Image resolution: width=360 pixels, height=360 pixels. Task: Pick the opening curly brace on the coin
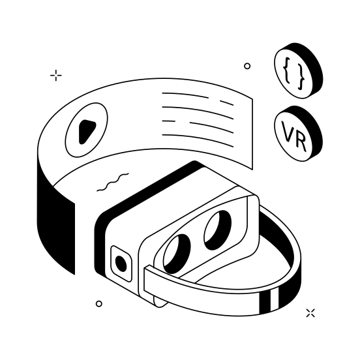pyautogui.click(x=287, y=70)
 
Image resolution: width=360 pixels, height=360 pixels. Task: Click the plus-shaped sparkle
pyautogui.click(x=56, y=76)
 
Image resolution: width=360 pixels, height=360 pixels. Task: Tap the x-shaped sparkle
pyautogui.click(x=310, y=313)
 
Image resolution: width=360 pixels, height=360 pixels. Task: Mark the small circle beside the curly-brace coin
pyautogui.click(x=247, y=66)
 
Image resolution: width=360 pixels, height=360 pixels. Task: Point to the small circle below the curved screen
pyautogui.click(x=99, y=303)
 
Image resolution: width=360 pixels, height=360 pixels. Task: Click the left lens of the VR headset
pyautogui.click(x=176, y=253)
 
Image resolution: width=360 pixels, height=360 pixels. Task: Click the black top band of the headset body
pyautogui.click(x=150, y=196)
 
